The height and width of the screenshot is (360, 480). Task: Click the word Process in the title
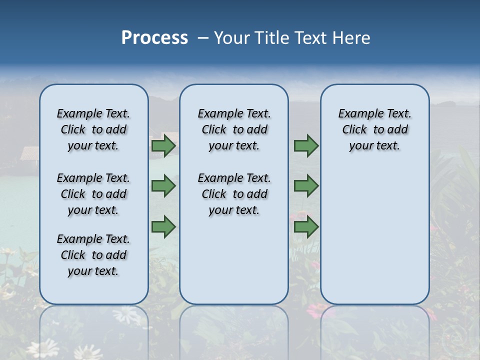tap(154, 38)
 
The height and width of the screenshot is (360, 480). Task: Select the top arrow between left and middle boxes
tap(163, 146)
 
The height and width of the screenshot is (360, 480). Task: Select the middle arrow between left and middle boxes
tap(163, 186)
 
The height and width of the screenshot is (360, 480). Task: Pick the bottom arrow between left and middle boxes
tap(163, 227)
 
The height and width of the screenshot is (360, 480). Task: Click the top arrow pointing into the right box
tap(306, 146)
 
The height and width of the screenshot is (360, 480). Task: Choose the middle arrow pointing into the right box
tap(306, 186)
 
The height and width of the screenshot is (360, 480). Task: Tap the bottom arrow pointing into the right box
tap(306, 227)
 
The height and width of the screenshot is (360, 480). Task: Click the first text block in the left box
tap(93, 129)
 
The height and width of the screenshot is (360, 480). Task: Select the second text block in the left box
tap(93, 194)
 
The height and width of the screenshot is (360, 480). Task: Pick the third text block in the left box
tap(93, 255)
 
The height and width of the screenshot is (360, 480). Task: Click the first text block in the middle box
tap(234, 129)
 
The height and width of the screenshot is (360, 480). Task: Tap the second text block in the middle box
tap(234, 194)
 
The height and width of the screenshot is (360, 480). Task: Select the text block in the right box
tap(374, 129)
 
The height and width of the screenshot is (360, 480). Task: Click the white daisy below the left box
tap(126, 315)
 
